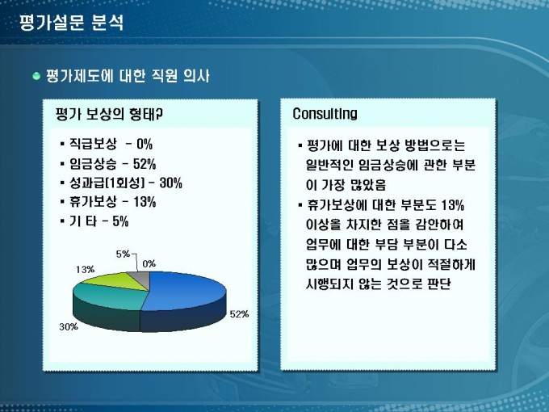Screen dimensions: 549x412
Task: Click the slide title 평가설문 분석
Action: point(72,23)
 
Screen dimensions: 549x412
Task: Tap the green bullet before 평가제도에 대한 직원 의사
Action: point(36,76)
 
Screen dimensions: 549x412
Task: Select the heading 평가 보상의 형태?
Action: point(109,114)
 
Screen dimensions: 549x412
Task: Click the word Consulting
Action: point(325,114)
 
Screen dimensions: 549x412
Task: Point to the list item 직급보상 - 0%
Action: point(111,144)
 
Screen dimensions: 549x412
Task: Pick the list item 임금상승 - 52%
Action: point(112,164)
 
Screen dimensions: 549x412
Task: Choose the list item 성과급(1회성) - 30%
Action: point(126,183)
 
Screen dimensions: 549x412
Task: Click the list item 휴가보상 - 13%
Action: point(112,202)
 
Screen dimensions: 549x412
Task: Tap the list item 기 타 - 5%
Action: point(99,221)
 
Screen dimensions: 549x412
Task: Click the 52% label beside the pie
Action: point(239,314)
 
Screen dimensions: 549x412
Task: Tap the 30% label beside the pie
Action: point(69,327)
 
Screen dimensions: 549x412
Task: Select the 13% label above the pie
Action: point(85,269)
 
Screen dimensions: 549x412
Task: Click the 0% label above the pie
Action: point(149,264)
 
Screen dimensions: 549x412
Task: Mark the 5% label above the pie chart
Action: point(123,254)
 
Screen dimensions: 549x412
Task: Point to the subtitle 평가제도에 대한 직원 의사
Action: point(128,76)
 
